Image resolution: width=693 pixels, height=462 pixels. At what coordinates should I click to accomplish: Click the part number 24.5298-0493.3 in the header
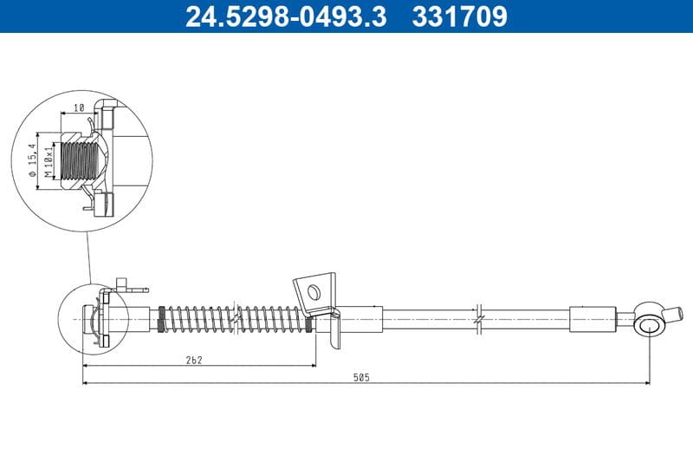[286, 16]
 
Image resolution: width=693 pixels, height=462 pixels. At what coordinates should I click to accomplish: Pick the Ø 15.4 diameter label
[34, 161]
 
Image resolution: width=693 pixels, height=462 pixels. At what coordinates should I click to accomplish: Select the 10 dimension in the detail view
[78, 107]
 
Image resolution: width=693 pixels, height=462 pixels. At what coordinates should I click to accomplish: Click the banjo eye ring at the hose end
[648, 325]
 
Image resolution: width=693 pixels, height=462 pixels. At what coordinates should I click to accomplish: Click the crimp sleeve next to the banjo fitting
[593, 318]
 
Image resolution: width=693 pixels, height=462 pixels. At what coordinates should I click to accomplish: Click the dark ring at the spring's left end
[161, 318]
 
